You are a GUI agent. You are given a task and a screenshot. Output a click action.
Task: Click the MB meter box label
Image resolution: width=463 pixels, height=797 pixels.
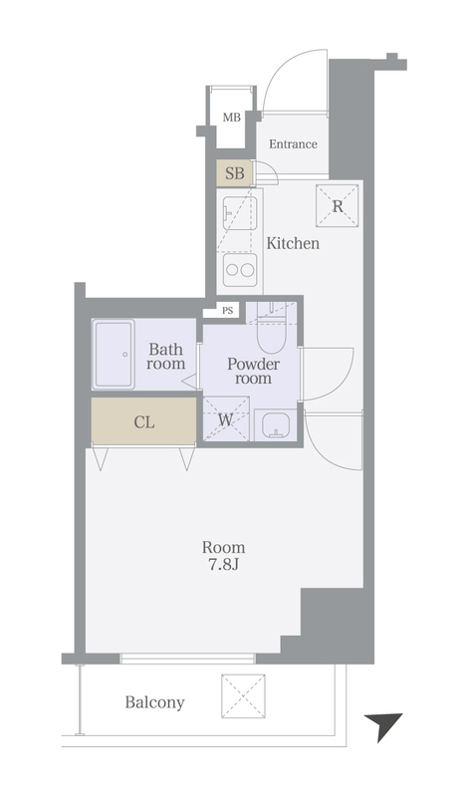click(x=232, y=118)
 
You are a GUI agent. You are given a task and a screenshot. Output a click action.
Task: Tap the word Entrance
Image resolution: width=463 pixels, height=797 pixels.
click(x=294, y=144)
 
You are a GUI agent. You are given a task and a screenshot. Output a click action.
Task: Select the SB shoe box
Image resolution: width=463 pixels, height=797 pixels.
click(x=234, y=172)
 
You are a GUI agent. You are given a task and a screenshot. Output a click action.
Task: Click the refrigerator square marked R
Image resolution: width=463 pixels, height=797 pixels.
click(x=338, y=206)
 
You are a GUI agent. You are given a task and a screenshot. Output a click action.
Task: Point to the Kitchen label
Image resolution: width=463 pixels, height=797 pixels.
click(x=294, y=243)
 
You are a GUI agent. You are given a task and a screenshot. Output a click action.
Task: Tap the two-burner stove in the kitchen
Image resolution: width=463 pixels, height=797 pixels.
click(x=240, y=270)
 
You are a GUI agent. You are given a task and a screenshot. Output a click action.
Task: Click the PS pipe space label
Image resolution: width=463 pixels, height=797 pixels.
click(x=228, y=310)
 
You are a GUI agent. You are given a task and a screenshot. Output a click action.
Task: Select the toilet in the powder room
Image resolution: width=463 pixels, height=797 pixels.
click(x=271, y=328)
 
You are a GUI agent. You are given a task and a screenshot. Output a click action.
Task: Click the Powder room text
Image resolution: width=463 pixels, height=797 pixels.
click(x=253, y=371)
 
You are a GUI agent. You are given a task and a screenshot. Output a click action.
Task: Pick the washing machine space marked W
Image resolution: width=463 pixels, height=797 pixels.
click(x=226, y=418)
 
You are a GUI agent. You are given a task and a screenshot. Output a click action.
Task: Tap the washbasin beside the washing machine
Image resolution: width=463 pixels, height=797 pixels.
click(x=276, y=424)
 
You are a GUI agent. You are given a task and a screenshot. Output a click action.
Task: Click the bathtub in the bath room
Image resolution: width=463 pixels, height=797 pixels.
click(x=114, y=355)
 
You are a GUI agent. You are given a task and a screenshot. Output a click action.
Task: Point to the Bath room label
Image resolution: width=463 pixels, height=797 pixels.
click(x=165, y=357)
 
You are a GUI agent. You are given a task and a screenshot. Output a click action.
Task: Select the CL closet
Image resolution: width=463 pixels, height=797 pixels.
click(x=143, y=420)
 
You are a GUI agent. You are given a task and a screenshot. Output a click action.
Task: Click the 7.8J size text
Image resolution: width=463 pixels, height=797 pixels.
click(x=224, y=564)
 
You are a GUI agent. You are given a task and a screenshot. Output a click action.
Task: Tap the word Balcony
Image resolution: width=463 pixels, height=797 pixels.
click(x=154, y=702)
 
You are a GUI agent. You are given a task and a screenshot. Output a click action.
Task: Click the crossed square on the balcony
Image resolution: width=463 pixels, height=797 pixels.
click(x=243, y=695)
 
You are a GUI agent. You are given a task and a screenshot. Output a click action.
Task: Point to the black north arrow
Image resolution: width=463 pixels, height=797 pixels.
click(x=382, y=725)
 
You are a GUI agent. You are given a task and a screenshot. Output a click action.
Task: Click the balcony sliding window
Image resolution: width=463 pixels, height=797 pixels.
click(x=187, y=659)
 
